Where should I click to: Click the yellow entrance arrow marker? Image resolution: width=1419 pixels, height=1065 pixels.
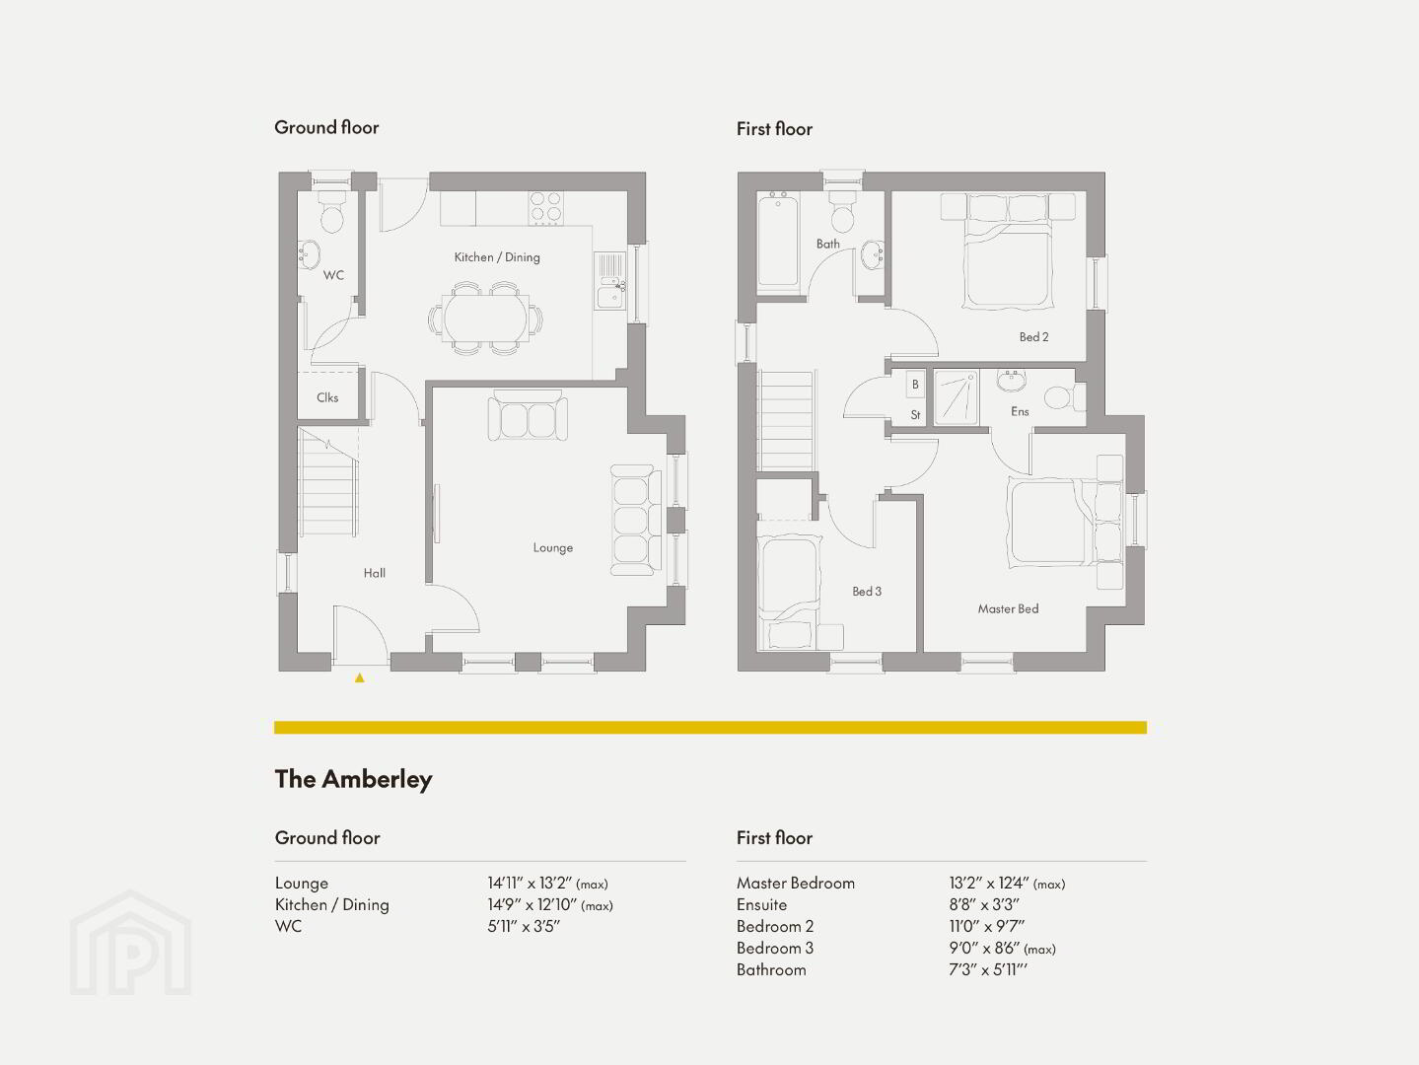360,677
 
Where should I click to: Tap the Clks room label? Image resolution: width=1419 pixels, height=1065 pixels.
327,397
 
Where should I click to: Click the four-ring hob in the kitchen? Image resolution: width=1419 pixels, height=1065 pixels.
545,208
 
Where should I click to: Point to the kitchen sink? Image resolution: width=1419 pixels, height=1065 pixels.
610,280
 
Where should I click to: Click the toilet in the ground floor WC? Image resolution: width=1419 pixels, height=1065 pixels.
331,211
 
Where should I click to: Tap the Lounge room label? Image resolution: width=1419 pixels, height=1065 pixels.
553,548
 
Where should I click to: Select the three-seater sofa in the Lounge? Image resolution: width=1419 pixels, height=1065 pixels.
636,521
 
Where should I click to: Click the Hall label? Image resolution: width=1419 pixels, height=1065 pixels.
375,573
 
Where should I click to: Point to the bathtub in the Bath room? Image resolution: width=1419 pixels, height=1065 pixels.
778,239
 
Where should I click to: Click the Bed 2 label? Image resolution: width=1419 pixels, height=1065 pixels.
1033,336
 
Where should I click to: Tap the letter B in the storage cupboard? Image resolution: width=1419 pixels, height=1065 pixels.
915,384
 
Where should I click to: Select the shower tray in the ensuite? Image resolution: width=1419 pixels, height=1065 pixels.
957,397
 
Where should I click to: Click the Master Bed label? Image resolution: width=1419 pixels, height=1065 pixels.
1008,608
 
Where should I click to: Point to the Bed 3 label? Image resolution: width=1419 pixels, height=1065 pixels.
866,592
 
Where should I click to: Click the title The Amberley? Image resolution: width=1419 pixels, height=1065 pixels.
354,779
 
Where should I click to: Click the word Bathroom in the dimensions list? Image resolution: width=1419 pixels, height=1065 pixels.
771,970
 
